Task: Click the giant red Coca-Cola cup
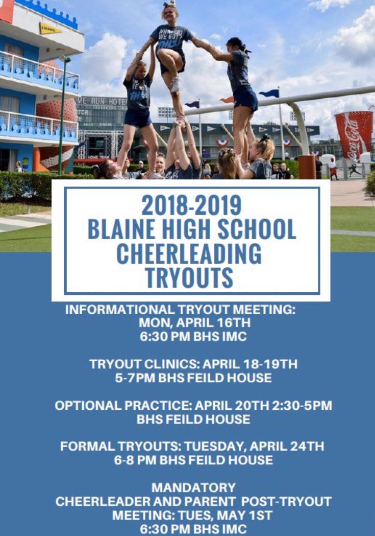(x=354, y=135)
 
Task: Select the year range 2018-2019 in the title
(x=191, y=205)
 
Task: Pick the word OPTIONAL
(x=88, y=406)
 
